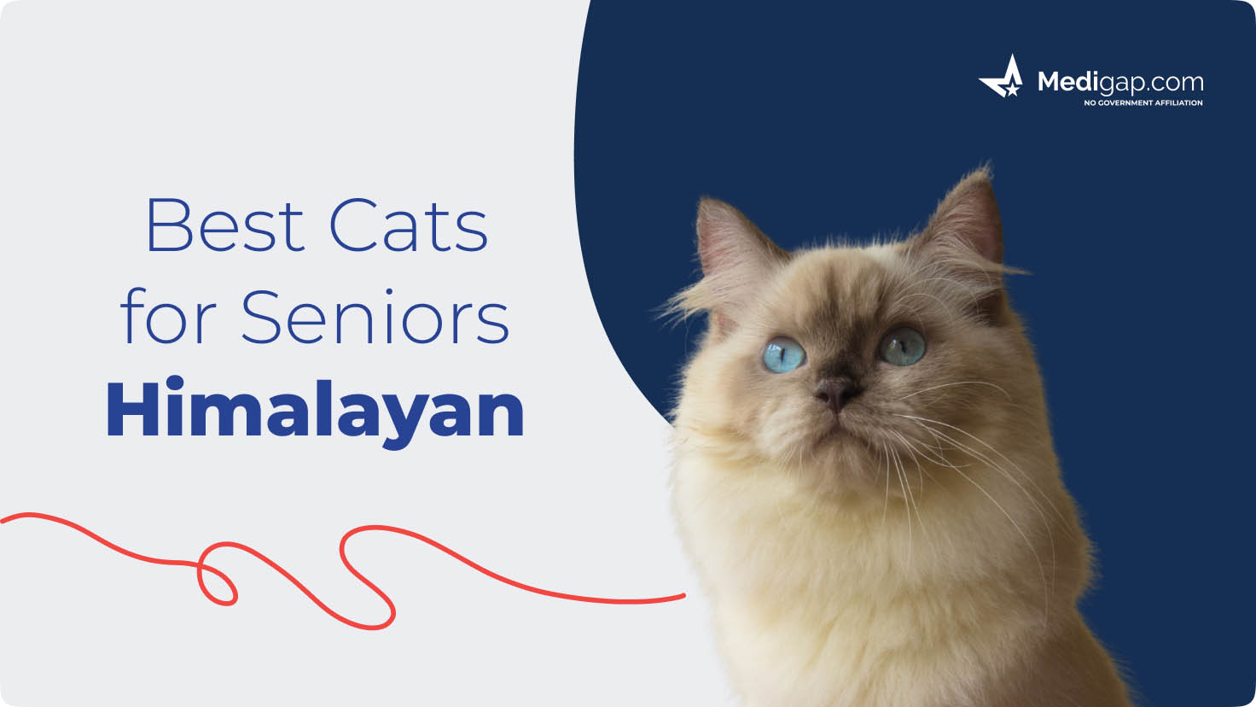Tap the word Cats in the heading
point(409,225)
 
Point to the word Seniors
point(375,318)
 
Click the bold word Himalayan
point(315,411)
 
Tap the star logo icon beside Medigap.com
point(1002,79)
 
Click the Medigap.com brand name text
point(1119,83)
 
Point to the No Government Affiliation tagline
point(1143,102)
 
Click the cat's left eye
point(783,353)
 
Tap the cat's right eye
point(902,346)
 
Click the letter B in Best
point(168,225)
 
